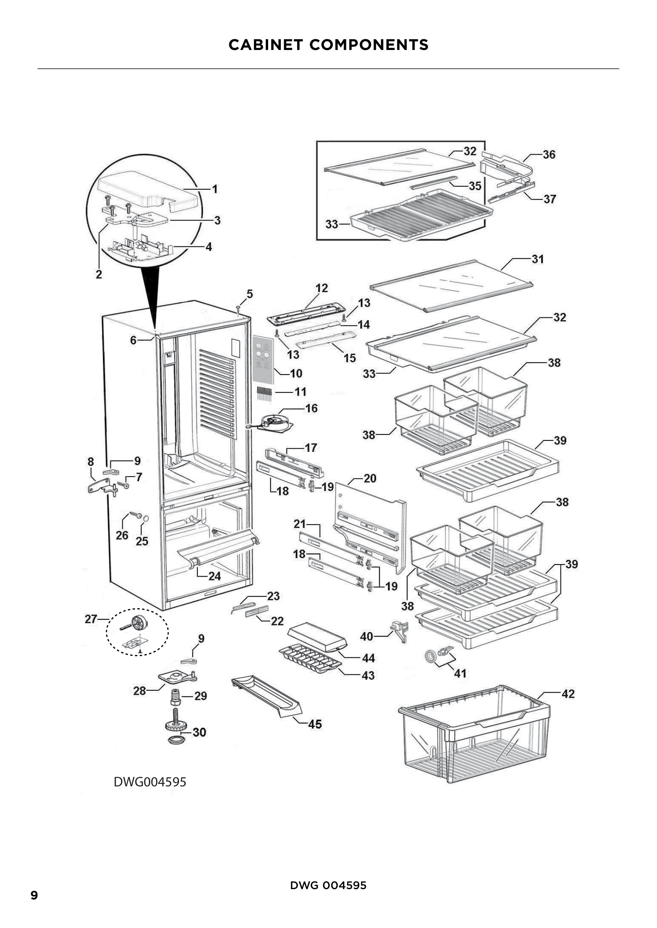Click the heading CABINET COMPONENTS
(328, 45)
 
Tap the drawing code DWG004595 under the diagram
(150, 793)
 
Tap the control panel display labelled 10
(263, 359)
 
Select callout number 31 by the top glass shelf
(537, 259)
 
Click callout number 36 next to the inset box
(549, 154)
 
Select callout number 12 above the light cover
(322, 288)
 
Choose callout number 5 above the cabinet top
(249, 294)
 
